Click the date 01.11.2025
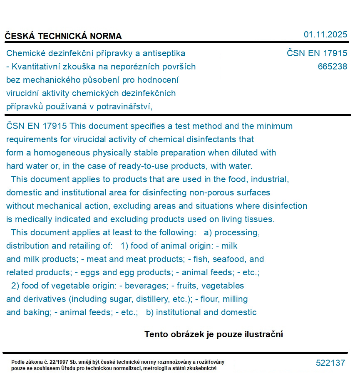pyautogui.click(x=325, y=35)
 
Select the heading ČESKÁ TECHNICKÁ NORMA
pyautogui.click(x=63, y=36)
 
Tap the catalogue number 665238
pyautogui.click(x=332, y=67)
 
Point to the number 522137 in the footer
pyautogui.click(x=330, y=363)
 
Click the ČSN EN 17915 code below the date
pyautogui.click(x=317, y=53)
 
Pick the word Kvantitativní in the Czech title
pyautogui.click(x=36, y=67)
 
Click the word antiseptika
pyautogui.click(x=164, y=53)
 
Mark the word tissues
pyautogui.click(x=260, y=219)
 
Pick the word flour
pyautogui.click(x=213, y=299)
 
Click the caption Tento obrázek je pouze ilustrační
pyautogui.click(x=214, y=334)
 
